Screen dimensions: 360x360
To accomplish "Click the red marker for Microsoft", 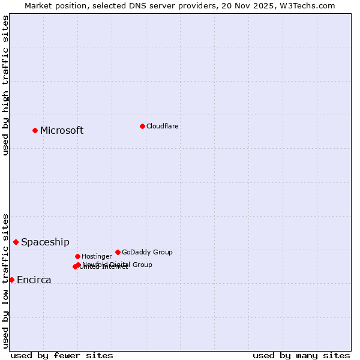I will [x=35, y=130].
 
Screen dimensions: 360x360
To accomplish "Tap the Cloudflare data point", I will [x=142, y=126].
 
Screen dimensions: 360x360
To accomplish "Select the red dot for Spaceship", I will [x=16, y=242].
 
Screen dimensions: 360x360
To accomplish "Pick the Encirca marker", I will [x=11, y=280].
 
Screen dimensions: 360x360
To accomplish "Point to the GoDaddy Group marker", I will [x=118, y=252].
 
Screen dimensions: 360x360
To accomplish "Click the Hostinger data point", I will [x=77, y=256].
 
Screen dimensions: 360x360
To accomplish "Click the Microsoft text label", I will [x=62, y=131].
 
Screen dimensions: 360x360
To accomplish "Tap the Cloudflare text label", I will [x=162, y=126].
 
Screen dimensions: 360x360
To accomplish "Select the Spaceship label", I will [x=45, y=242].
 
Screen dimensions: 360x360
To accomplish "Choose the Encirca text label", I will [x=34, y=280].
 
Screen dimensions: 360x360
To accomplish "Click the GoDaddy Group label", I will [x=147, y=252].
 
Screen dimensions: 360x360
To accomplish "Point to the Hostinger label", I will [x=97, y=256].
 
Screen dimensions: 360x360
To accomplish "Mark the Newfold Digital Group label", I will [x=117, y=265].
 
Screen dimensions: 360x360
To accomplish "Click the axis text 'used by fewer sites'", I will [x=62, y=356].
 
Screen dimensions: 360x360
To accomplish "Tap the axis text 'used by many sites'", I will [x=301, y=356].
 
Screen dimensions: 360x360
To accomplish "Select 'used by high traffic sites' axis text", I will [x=5, y=85].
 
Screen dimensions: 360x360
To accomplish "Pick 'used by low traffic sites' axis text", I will [x=5, y=281].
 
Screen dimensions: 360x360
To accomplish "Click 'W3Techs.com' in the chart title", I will [x=310, y=5].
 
